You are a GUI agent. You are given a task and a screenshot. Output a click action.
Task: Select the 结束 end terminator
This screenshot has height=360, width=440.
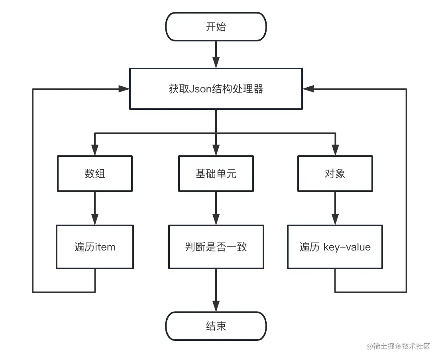pos(216,327)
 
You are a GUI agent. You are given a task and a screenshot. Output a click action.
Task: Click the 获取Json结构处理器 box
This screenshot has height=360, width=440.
pos(216,89)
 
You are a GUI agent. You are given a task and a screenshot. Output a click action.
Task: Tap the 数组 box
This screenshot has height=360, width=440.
pos(95,174)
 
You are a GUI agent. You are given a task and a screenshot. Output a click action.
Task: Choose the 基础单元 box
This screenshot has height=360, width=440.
pos(216,174)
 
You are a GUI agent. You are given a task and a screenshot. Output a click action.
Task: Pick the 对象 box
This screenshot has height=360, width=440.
pos(335,174)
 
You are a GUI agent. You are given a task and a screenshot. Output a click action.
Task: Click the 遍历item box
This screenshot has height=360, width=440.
pos(95,247)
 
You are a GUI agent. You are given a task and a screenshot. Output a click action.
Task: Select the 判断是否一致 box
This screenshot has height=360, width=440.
pos(216,247)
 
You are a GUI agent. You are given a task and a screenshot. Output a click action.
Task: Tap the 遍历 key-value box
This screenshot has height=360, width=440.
pos(335,247)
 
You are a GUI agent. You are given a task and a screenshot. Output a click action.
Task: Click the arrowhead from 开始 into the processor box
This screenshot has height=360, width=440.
pos(216,63)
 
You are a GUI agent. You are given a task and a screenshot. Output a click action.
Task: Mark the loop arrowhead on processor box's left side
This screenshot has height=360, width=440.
pos(124,89)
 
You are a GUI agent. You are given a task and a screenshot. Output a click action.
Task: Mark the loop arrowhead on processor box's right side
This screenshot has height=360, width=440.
pos(308,89)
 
